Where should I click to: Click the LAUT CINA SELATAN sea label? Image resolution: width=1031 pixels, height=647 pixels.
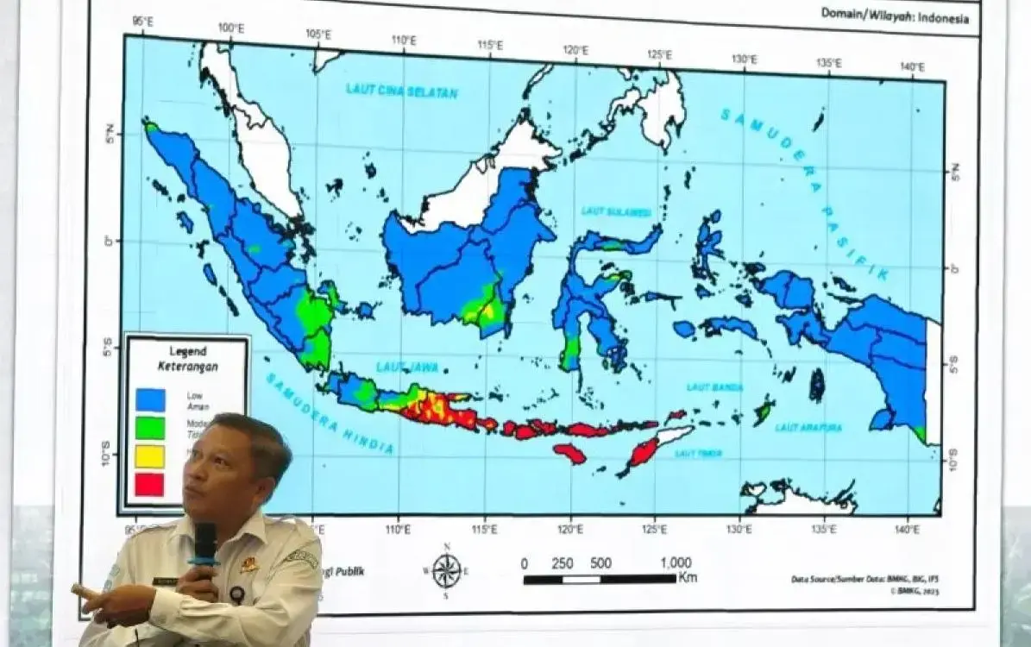[x=401, y=91]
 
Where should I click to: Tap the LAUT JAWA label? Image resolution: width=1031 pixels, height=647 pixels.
[x=407, y=367]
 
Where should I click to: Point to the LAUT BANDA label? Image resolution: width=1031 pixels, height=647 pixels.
[x=714, y=387]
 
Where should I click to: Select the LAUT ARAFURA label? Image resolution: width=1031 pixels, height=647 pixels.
[x=808, y=426]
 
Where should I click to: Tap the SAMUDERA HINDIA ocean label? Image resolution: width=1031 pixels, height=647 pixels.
[x=329, y=413]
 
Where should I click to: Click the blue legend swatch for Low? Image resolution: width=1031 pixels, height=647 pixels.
[x=150, y=399]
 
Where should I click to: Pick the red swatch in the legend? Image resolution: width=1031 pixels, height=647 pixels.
[x=150, y=484]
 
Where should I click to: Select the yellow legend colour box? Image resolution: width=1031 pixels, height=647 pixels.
[x=150, y=455]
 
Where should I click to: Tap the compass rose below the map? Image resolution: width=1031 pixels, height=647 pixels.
[x=446, y=570]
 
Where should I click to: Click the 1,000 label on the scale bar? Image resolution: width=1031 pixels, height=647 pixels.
[x=675, y=563]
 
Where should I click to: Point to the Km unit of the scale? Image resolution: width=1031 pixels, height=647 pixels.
[x=687, y=578]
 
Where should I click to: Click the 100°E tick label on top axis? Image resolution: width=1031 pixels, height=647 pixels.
[x=230, y=28]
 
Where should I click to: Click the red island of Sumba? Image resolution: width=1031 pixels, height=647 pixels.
[x=569, y=452]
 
